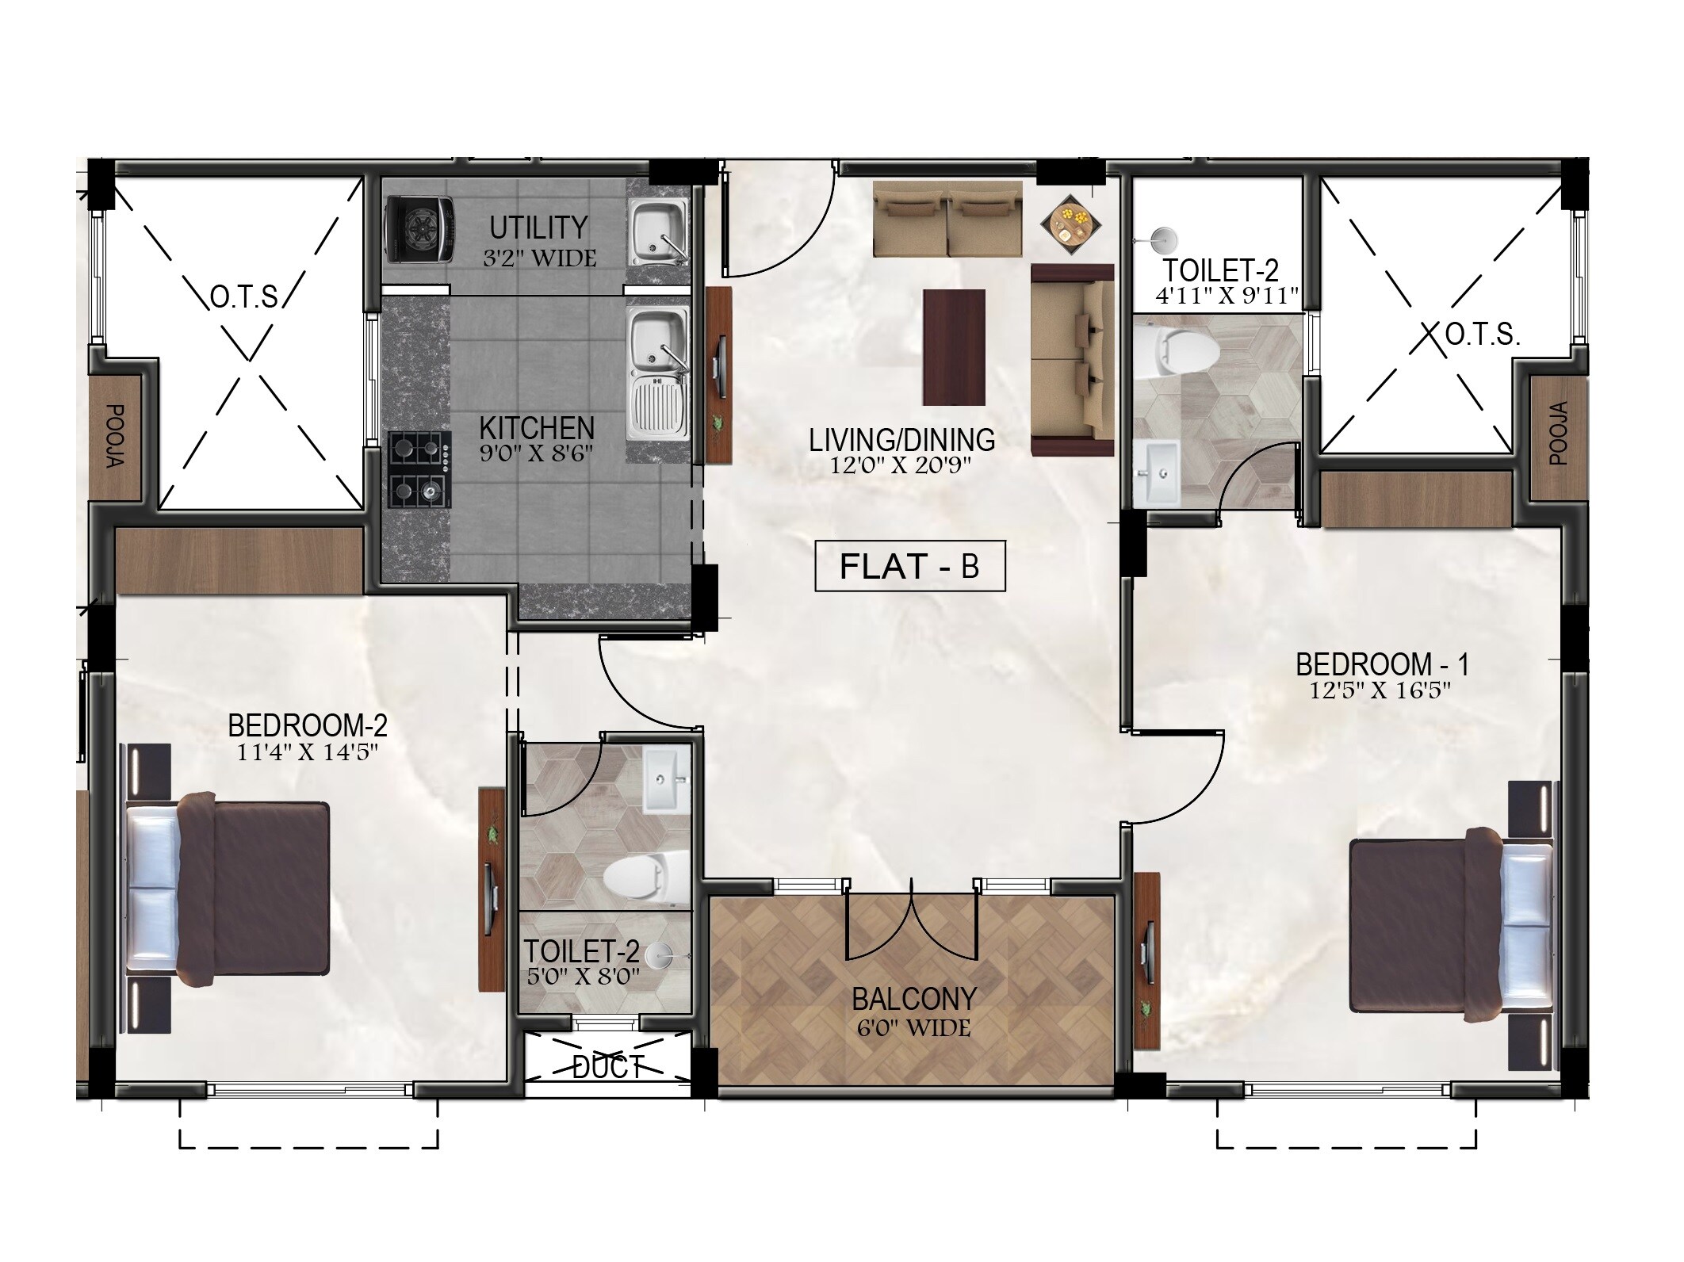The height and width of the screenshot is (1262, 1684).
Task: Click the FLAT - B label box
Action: coord(909,566)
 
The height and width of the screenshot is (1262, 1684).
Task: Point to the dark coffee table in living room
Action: coord(954,347)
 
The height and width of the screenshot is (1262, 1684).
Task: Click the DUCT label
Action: coord(607,1069)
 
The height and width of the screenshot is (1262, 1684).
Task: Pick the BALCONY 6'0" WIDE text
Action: coord(913,1012)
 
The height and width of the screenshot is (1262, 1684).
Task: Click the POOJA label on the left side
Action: coord(115,436)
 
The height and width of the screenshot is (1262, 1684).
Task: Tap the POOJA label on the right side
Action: coord(1558,433)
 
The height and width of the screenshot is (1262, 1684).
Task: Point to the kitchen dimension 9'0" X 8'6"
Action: coord(536,453)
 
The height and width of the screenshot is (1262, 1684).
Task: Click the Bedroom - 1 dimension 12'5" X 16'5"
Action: coord(1380,690)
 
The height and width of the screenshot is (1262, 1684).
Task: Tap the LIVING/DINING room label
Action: coord(901,440)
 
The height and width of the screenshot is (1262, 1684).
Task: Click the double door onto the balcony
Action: coord(913,920)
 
